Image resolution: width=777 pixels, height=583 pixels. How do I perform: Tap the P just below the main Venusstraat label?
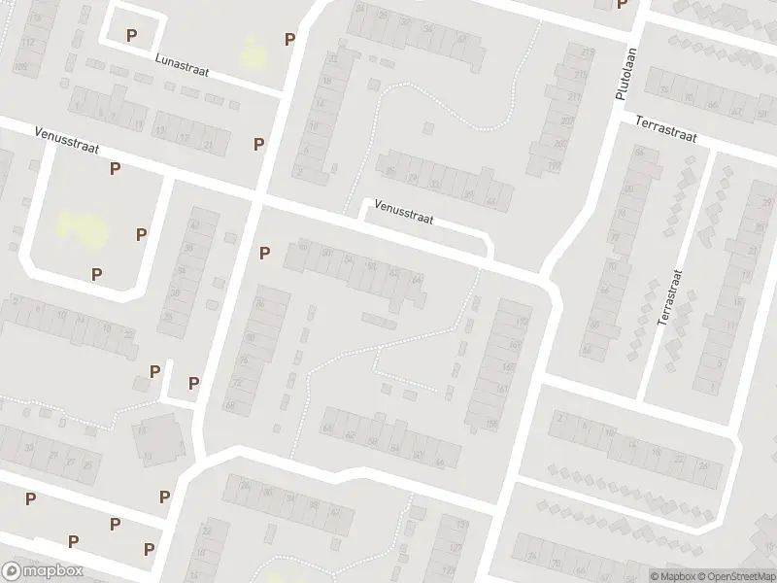tap(115, 168)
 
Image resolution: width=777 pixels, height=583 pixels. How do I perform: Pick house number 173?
tap(523, 322)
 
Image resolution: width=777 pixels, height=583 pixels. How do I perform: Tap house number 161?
tap(502, 390)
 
